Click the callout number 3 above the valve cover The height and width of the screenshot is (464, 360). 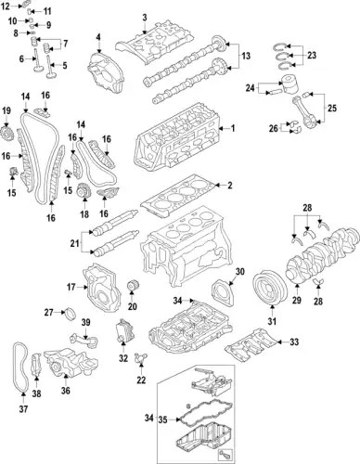tap(145, 19)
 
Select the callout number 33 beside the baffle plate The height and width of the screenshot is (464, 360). tap(295, 343)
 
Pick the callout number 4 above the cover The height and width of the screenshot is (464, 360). tap(97, 37)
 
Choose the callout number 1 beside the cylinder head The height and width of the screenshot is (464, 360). tap(233, 128)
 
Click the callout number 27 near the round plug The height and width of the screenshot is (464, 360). tap(49, 313)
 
